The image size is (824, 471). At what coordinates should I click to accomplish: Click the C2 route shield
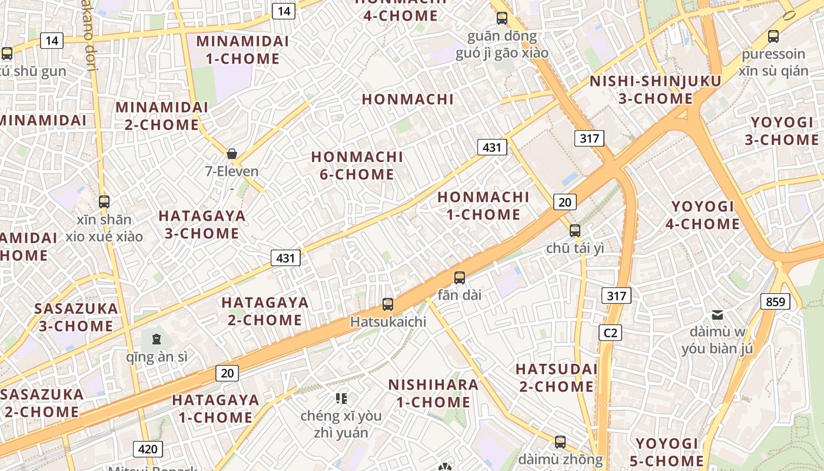click(x=610, y=333)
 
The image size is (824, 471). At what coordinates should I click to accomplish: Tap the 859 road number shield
click(x=776, y=302)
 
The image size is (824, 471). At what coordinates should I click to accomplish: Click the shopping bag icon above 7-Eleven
click(x=232, y=154)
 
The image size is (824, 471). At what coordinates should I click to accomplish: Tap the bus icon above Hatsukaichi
click(x=388, y=304)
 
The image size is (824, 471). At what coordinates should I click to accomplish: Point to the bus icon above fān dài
click(x=460, y=278)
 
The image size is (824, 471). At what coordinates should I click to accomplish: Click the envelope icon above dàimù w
click(x=717, y=315)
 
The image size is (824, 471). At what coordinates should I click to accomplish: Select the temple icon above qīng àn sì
click(x=157, y=339)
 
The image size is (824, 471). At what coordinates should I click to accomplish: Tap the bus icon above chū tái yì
click(x=575, y=231)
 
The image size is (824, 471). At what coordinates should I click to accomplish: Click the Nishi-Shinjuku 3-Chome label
click(x=655, y=90)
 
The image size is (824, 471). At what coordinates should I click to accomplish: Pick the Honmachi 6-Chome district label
click(x=357, y=166)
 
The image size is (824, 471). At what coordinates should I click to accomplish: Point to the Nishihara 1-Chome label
click(x=433, y=393)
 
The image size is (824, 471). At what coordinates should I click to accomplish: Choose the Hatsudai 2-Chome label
click(x=556, y=378)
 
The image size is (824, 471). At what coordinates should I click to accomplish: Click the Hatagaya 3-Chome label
click(x=202, y=224)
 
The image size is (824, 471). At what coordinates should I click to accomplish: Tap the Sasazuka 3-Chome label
click(x=76, y=317)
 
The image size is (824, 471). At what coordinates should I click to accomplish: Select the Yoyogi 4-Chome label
click(x=703, y=215)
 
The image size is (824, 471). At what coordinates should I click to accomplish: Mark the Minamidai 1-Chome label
click(x=242, y=50)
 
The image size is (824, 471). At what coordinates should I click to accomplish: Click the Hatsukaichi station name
click(x=388, y=322)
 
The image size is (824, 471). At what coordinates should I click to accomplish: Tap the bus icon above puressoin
click(x=773, y=37)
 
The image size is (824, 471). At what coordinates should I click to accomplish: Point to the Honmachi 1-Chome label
click(x=483, y=205)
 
